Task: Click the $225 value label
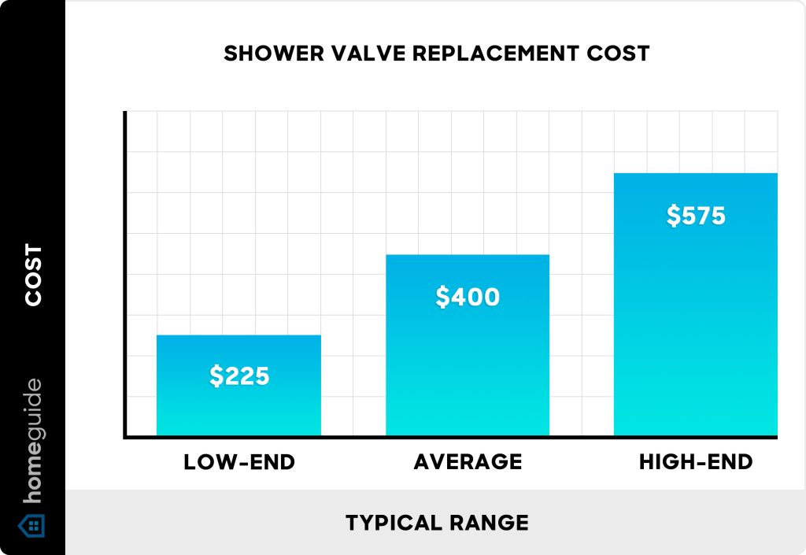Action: click(239, 376)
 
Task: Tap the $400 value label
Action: click(468, 297)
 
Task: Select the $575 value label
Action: click(696, 216)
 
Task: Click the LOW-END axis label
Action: click(239, 462)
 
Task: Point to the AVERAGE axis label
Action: click(468, 462)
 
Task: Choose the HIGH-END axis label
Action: click(696, 462)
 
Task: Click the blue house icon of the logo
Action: click(32, 525)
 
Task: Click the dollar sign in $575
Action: click(673, 216)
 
